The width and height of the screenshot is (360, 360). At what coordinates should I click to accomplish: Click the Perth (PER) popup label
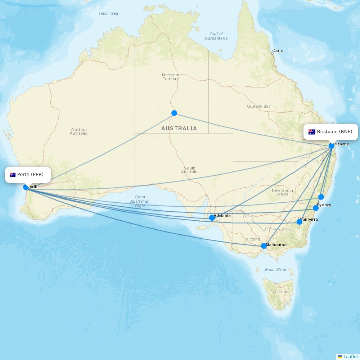click(28, 175)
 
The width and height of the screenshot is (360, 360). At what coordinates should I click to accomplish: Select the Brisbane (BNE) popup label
click(330, 132)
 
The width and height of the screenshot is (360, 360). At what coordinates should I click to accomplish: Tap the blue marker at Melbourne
click(264, 246)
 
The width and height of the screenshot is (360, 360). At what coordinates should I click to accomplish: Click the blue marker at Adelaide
click(212, 218)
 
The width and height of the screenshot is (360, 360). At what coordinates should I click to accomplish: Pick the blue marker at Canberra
click(299, 222)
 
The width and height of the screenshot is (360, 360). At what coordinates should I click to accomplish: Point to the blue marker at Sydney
click(316, 208)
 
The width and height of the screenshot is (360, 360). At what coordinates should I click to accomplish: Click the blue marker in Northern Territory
click(174, 113)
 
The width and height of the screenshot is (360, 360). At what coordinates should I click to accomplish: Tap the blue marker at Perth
click(26, 187)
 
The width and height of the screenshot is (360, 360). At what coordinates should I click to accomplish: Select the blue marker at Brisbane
click(332, 146)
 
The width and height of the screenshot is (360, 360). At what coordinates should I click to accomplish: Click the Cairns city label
click(278, 51)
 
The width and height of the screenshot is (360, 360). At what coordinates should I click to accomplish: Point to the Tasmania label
click(280, 292)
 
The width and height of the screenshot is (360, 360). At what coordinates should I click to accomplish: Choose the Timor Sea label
click(108, 14)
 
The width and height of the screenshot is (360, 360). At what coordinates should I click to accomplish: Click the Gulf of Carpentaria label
click(216, 36)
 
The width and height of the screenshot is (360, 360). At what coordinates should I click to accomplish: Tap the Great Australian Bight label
click(140, 202)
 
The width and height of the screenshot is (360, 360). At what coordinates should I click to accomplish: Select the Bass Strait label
click(276, 270)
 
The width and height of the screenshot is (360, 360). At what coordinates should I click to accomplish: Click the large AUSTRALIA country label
click(179, 129)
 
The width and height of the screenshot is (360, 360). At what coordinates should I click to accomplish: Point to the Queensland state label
click(259, 107)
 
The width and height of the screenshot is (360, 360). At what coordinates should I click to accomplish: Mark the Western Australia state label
click(78, 131)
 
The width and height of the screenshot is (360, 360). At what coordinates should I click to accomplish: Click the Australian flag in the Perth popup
click(13, 175)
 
